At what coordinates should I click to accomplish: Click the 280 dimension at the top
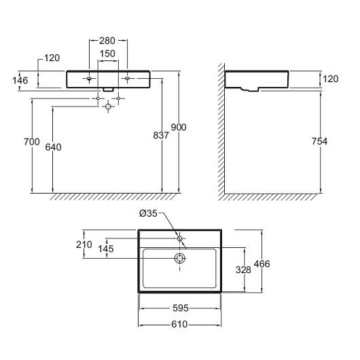107,41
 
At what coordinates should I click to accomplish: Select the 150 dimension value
107,54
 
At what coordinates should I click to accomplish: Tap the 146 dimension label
20,81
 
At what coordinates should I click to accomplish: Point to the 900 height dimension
179,127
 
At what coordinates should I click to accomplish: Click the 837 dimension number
161,135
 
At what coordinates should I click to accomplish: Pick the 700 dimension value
32,142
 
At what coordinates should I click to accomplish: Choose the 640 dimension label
53,147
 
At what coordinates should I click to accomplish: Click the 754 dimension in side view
319,141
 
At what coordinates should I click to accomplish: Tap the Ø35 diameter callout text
148,213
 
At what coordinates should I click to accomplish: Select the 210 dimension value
84,245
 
